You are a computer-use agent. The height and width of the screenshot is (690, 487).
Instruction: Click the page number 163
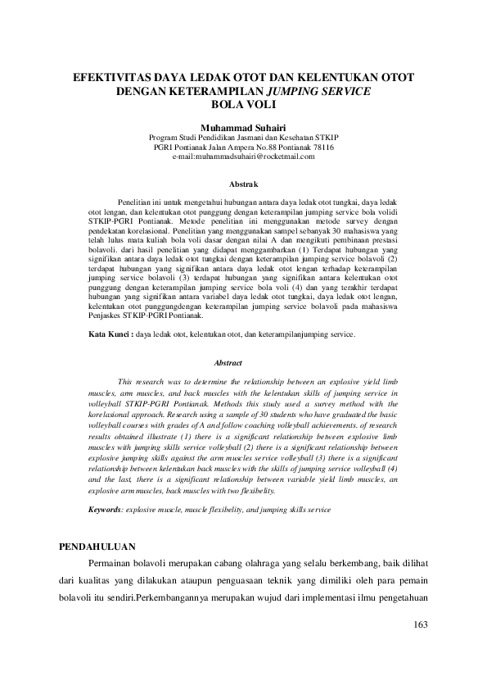pyautogui.click(x=422, y=624)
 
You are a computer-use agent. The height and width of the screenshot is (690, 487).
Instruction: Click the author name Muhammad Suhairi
pyautogui.click(x=244, y=127)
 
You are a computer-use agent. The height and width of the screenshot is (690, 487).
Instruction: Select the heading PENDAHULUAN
pyautogui.click(x=99, y=546)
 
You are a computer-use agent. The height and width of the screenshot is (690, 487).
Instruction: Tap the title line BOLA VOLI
pyautogui.click(x=243, y=104)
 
